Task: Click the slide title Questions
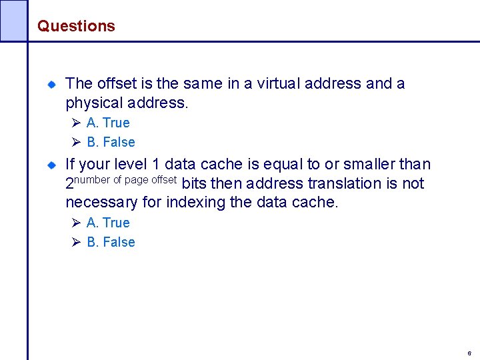point(76,26)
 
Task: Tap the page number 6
point(469,353)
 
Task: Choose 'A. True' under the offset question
point(108,123)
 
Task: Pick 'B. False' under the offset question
point(111,142)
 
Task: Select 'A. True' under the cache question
point(108,223)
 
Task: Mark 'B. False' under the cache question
point(111,242)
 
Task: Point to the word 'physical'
point(91,103)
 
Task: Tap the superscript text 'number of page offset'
point(125,179)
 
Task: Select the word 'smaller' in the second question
point(371,164)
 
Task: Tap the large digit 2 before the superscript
point(69,184)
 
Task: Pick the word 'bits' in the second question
point(194,183)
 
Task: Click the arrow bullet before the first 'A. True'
point(76,123)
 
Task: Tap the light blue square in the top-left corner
point(13,20)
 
